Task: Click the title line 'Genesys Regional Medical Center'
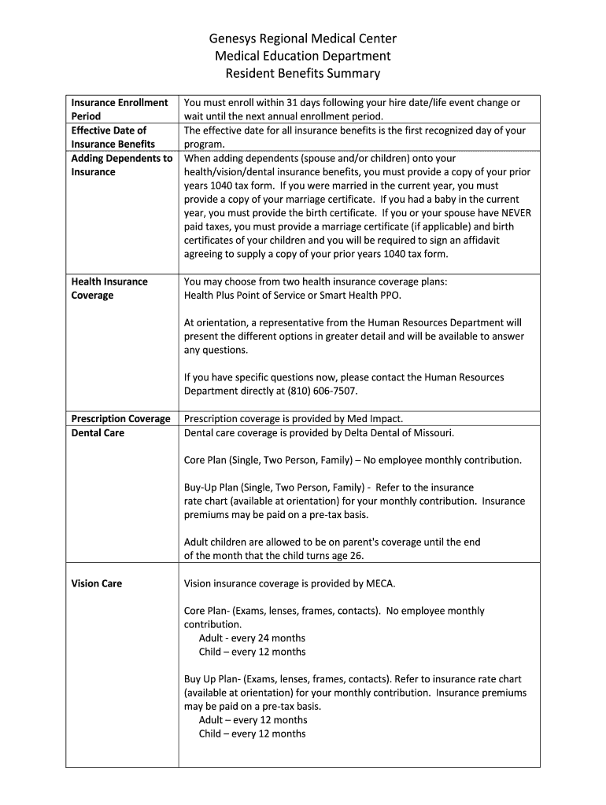[302, 39]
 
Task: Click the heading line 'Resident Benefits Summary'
[302, 73]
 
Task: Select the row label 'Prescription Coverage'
[120, 419]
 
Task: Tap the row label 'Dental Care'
[98, 433]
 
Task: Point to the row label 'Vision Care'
[97, 583]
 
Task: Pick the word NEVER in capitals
[515, 213]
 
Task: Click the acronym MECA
[382, 583]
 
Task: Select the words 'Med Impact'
[375, 419]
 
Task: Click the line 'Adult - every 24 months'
[252, 638]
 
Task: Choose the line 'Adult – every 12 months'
[253, 720]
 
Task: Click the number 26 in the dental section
[356, 556]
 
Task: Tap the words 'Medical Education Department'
[302, 56]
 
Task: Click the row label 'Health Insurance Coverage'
[109, 289]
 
